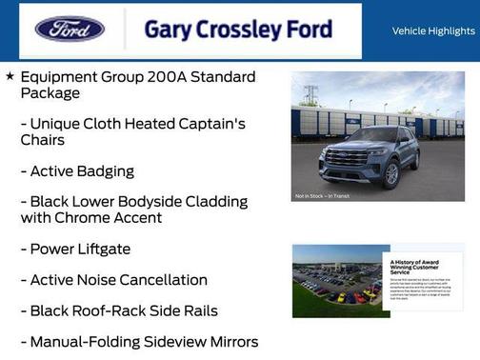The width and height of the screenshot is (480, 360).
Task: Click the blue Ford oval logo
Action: pyautogui.click(x=70, y=30)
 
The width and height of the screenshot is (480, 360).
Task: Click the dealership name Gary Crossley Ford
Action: pyautogui.click(x=238, y=30)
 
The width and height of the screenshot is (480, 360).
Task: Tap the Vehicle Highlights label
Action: pyautogui.click(x=433, y=31)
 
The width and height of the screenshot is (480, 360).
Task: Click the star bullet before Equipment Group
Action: pyautogui.click(x=10, y=76)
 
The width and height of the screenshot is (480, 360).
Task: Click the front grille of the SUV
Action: pyautogui.click(x=346, y=159)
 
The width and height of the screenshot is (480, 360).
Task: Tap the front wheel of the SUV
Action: pyautogui.click(x=390, y=175)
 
